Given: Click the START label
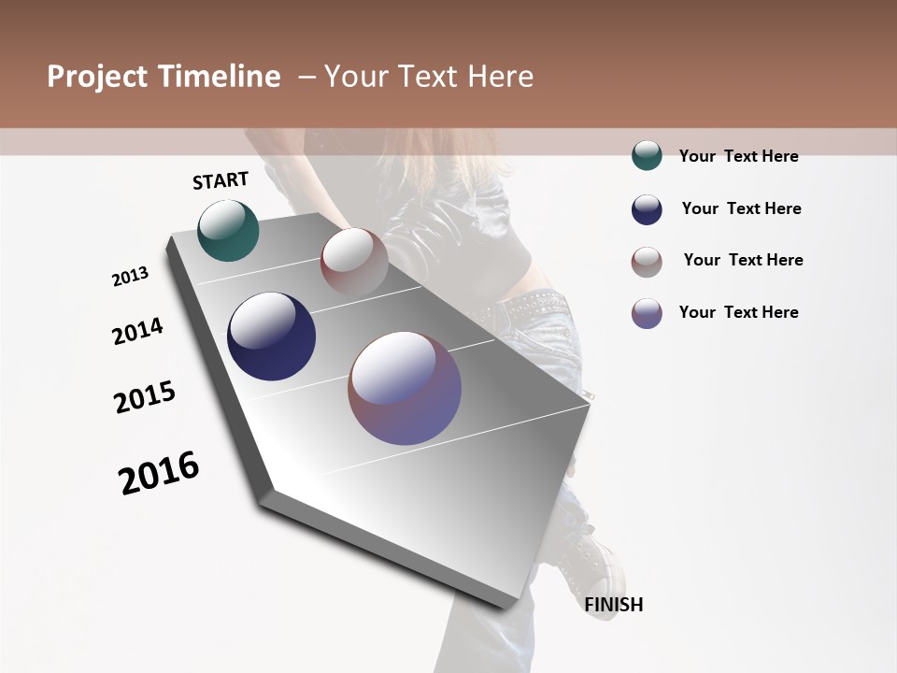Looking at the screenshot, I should pyautogui.click(x=221, y=180).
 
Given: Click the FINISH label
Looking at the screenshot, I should pyautogui.click(x=614, y=605).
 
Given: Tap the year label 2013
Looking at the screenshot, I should pyautogui.click(x=130, y=277).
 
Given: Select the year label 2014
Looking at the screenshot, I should pyautogui.click(x=137, y=331).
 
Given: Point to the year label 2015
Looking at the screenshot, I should pyautogui.click(x=145, y=397).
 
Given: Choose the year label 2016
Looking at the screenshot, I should pyautogui.click(x=159, y=473).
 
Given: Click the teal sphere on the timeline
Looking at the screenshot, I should pyautogui.click(x=228, y=230).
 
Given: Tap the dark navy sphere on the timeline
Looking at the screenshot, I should pyautogui.click(x=272, y=336).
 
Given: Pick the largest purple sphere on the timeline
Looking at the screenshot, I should pyautogui.click(x=405, y=388).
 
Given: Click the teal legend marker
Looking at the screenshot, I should pyautogui.click(x=647, y=155).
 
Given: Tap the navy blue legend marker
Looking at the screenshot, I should pyautogui.click(x=647, y=209).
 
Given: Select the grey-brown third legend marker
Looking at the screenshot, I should pyautogui.click(x=647, y=262).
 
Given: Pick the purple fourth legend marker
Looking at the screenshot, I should pyautogui.click(x=647, y=313).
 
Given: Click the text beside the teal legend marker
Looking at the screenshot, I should pyautogui.click(x=738, y=156).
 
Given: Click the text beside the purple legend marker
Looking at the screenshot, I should pyautogui.click(x=738, y=312).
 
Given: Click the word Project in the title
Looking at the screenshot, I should pyautogui.click(x=96, y=77).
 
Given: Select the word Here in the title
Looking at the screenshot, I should pyautogui.click(x=501, y=77).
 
